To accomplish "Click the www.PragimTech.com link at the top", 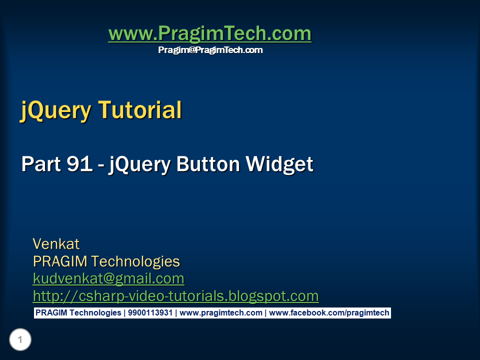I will [209, 33].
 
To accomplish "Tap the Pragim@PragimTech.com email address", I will [210, 50].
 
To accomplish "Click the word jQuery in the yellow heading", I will [55, 109].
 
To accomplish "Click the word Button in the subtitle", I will [208, 164].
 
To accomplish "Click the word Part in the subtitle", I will [40, 164].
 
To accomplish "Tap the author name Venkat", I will [56, 244].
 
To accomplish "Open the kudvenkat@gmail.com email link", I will [108, 278].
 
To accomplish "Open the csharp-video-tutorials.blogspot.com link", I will [175, 296].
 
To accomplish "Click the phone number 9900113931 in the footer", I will [150, 313].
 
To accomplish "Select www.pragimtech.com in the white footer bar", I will [220, 313].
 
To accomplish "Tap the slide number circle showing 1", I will [20, 340].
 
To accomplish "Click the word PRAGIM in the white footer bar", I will [50, 313].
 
